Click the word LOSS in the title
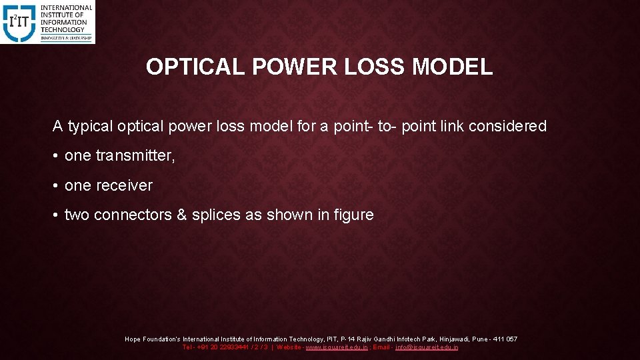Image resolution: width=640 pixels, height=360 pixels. click(374, 67)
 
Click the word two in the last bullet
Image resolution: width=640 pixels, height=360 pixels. click(77, 215)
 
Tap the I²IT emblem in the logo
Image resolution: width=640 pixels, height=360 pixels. click(19, 22)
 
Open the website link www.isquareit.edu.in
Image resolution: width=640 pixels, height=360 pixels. click(336, 347)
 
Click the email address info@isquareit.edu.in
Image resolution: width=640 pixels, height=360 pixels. click(427, 347)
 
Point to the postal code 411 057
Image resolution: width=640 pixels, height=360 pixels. click(504, 339)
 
